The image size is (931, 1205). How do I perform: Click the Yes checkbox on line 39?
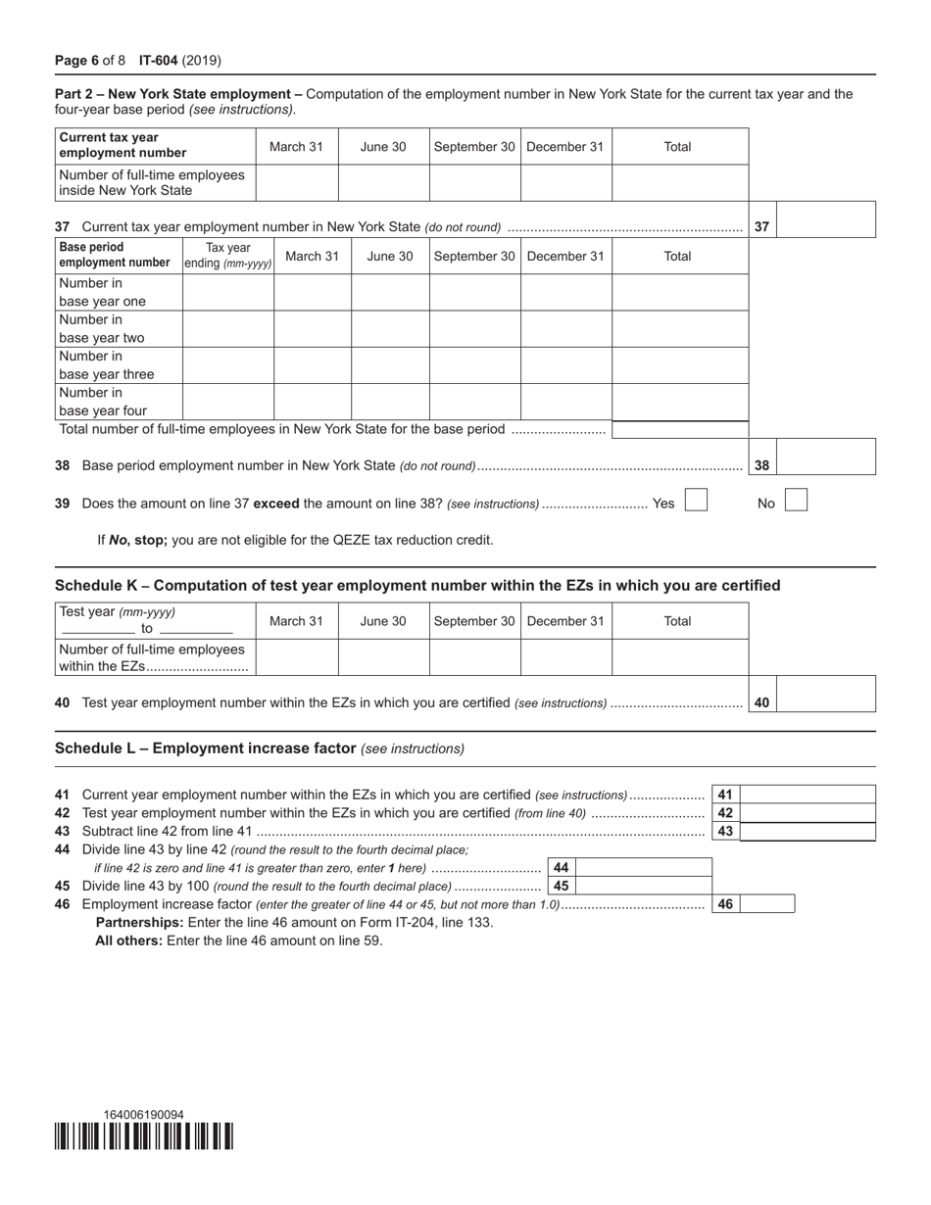696,501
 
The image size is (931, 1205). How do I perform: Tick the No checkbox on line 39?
796,501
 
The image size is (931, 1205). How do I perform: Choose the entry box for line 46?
766,903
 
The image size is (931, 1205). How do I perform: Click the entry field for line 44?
643,867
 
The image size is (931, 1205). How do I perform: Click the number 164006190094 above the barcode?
144,1115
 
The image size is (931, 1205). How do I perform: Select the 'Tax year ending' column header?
227,256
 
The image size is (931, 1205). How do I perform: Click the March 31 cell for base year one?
312,292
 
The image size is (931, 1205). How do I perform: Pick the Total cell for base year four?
680,402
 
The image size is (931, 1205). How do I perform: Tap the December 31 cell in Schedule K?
565,657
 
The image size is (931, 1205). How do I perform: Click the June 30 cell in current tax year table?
383,182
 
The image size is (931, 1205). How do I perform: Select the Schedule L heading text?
205,747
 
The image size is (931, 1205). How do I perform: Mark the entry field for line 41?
807,795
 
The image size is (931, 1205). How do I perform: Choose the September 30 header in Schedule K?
474,621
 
